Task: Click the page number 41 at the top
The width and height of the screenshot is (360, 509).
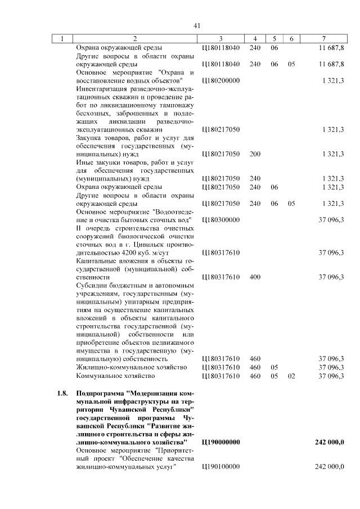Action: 197,25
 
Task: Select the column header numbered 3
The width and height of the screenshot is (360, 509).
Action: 220,38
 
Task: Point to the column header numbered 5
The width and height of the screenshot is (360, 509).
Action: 274,38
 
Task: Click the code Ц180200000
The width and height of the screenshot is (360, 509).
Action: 220,80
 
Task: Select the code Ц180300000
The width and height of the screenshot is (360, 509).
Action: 220,220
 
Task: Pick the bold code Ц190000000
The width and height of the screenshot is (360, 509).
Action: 220,443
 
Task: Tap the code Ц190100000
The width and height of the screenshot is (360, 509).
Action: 220,467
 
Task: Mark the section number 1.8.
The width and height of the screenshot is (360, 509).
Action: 62,393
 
